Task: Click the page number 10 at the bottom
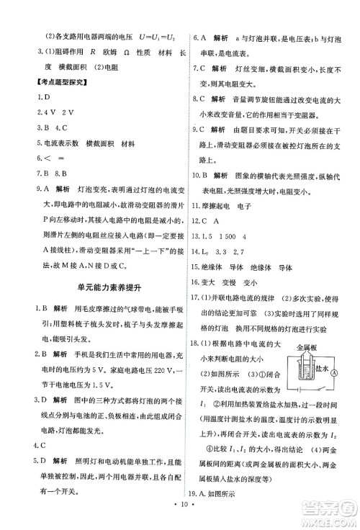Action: (x=180, y=517)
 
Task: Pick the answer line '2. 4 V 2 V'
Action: (x=40, y=112)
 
